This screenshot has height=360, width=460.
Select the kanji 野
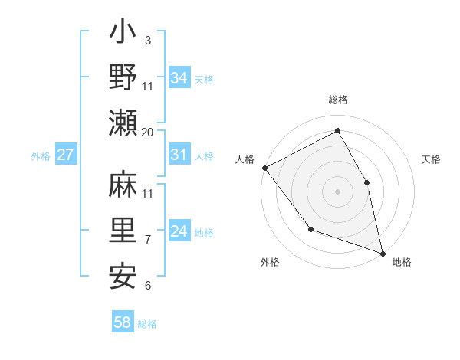123,77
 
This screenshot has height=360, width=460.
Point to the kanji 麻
123,185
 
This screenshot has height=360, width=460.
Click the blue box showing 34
179,77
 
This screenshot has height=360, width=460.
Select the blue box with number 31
179,155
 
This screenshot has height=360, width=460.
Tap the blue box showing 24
179,231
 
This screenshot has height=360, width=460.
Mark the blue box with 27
66,155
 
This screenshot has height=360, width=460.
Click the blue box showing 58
123,322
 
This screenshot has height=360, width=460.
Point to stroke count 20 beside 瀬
147,133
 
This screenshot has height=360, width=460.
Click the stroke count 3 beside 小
147,40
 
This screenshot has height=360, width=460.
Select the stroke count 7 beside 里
147,240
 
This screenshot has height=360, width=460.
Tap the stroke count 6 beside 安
147,286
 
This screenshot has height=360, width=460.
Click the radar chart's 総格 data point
337,130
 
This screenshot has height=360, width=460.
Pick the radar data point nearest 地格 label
382,252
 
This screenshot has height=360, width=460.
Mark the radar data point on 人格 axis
264,168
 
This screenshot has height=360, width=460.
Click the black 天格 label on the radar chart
431,159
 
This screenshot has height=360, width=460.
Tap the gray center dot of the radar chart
337,191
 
